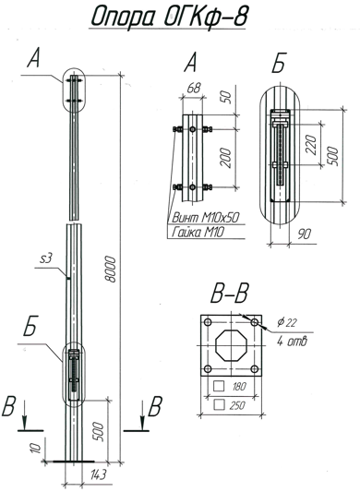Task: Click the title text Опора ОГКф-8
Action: [x=170, y=16]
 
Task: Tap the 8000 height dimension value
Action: [x=111, y=269]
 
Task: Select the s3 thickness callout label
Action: [x=46, y=258]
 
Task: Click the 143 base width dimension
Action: [x=98, y=474]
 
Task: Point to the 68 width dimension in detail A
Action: [x=194, y=88]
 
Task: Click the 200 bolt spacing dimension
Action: [x=225, y=158]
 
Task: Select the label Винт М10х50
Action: [x=206, y=217]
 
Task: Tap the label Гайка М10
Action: [x=198, y=233]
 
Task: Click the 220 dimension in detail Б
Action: [x=311, y=145]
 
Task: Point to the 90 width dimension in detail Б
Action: [x=304, y=234]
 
